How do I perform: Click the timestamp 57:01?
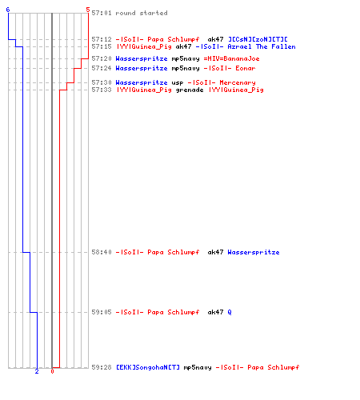tap(102, 13)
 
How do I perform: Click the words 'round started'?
tap(142, 13)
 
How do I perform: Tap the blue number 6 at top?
tap(8, 10)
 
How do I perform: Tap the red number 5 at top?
tap(88, 10)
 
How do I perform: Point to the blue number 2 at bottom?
tap(37, 371)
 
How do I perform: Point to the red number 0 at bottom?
tap(52, 371)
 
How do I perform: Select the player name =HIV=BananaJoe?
tap(231, 58)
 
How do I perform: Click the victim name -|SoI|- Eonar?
tap(230, 68)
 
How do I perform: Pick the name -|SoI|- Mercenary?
tap(222, 82)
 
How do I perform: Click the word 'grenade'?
tap(190, 90)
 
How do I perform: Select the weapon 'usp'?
tap(178, 82)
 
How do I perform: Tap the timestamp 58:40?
tap(102, 252)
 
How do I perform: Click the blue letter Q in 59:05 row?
tap(230, 312)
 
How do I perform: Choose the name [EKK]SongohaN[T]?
tap(148, 367)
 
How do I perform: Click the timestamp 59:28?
tap(102, 367)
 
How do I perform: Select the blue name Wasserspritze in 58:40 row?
tap(254, 252)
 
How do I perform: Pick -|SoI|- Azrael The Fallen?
tap(246, 46)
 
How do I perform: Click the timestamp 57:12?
tap(102, 39)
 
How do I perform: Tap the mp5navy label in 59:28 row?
tap(198, 367)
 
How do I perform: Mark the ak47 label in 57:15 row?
tap(183, 46)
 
